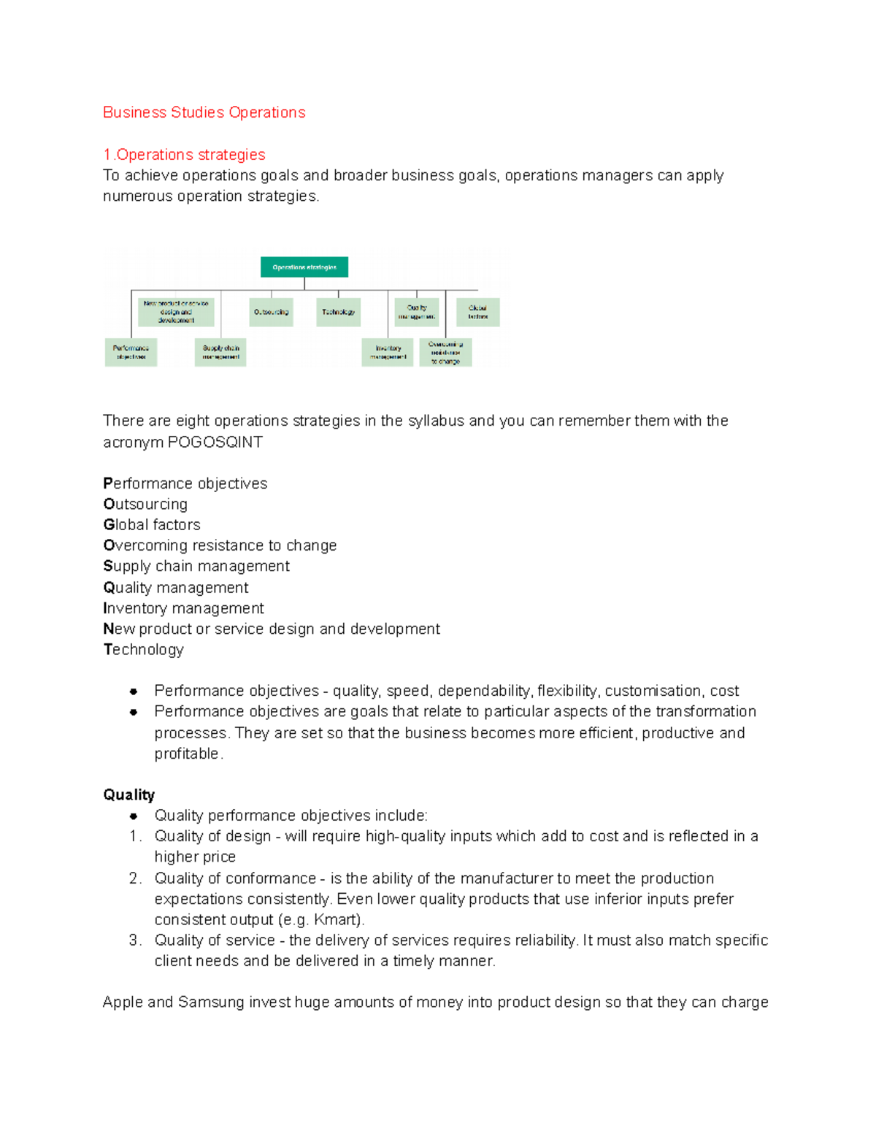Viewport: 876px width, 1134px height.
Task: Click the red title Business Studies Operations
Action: pyautogui.click(x=204, y=112)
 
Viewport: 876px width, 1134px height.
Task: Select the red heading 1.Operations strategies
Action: pyautogui.click(x=184, y=155)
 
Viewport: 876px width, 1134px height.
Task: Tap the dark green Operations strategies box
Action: pyautogui.click(x=304, y=267)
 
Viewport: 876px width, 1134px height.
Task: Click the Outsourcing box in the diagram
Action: pyautogui.click(x=271, y=312)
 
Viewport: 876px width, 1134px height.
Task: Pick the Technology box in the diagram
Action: pyautogui.click(x=338, y=312)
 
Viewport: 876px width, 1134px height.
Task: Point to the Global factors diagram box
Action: pyautogui.click(x=478, y=312)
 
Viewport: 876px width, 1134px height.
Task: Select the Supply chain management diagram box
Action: pyautogui.click(x=220, y=352)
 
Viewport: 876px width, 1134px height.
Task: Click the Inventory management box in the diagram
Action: pyautogui.click(x=388, y=352)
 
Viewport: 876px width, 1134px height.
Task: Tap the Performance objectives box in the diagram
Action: pyautogui.click(x=131, y=352)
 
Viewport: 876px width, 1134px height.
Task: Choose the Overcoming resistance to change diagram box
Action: pyautogui.click(x=445, y=352)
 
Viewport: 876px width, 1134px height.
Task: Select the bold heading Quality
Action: pyautogui.click(x=129, y=795)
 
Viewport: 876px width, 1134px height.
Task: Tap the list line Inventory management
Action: pyautogui.click(x=183, y=608)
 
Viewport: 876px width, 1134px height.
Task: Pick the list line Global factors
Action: pyautogui.click(x=152, y=525)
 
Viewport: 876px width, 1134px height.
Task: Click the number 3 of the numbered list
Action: pyautogui.click(x=134, y=940)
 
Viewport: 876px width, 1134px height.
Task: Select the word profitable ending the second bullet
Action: pyautogui.click(x=186, y=754)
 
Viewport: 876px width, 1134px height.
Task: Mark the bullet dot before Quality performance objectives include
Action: pyautogui.click(x=134, y=816)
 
